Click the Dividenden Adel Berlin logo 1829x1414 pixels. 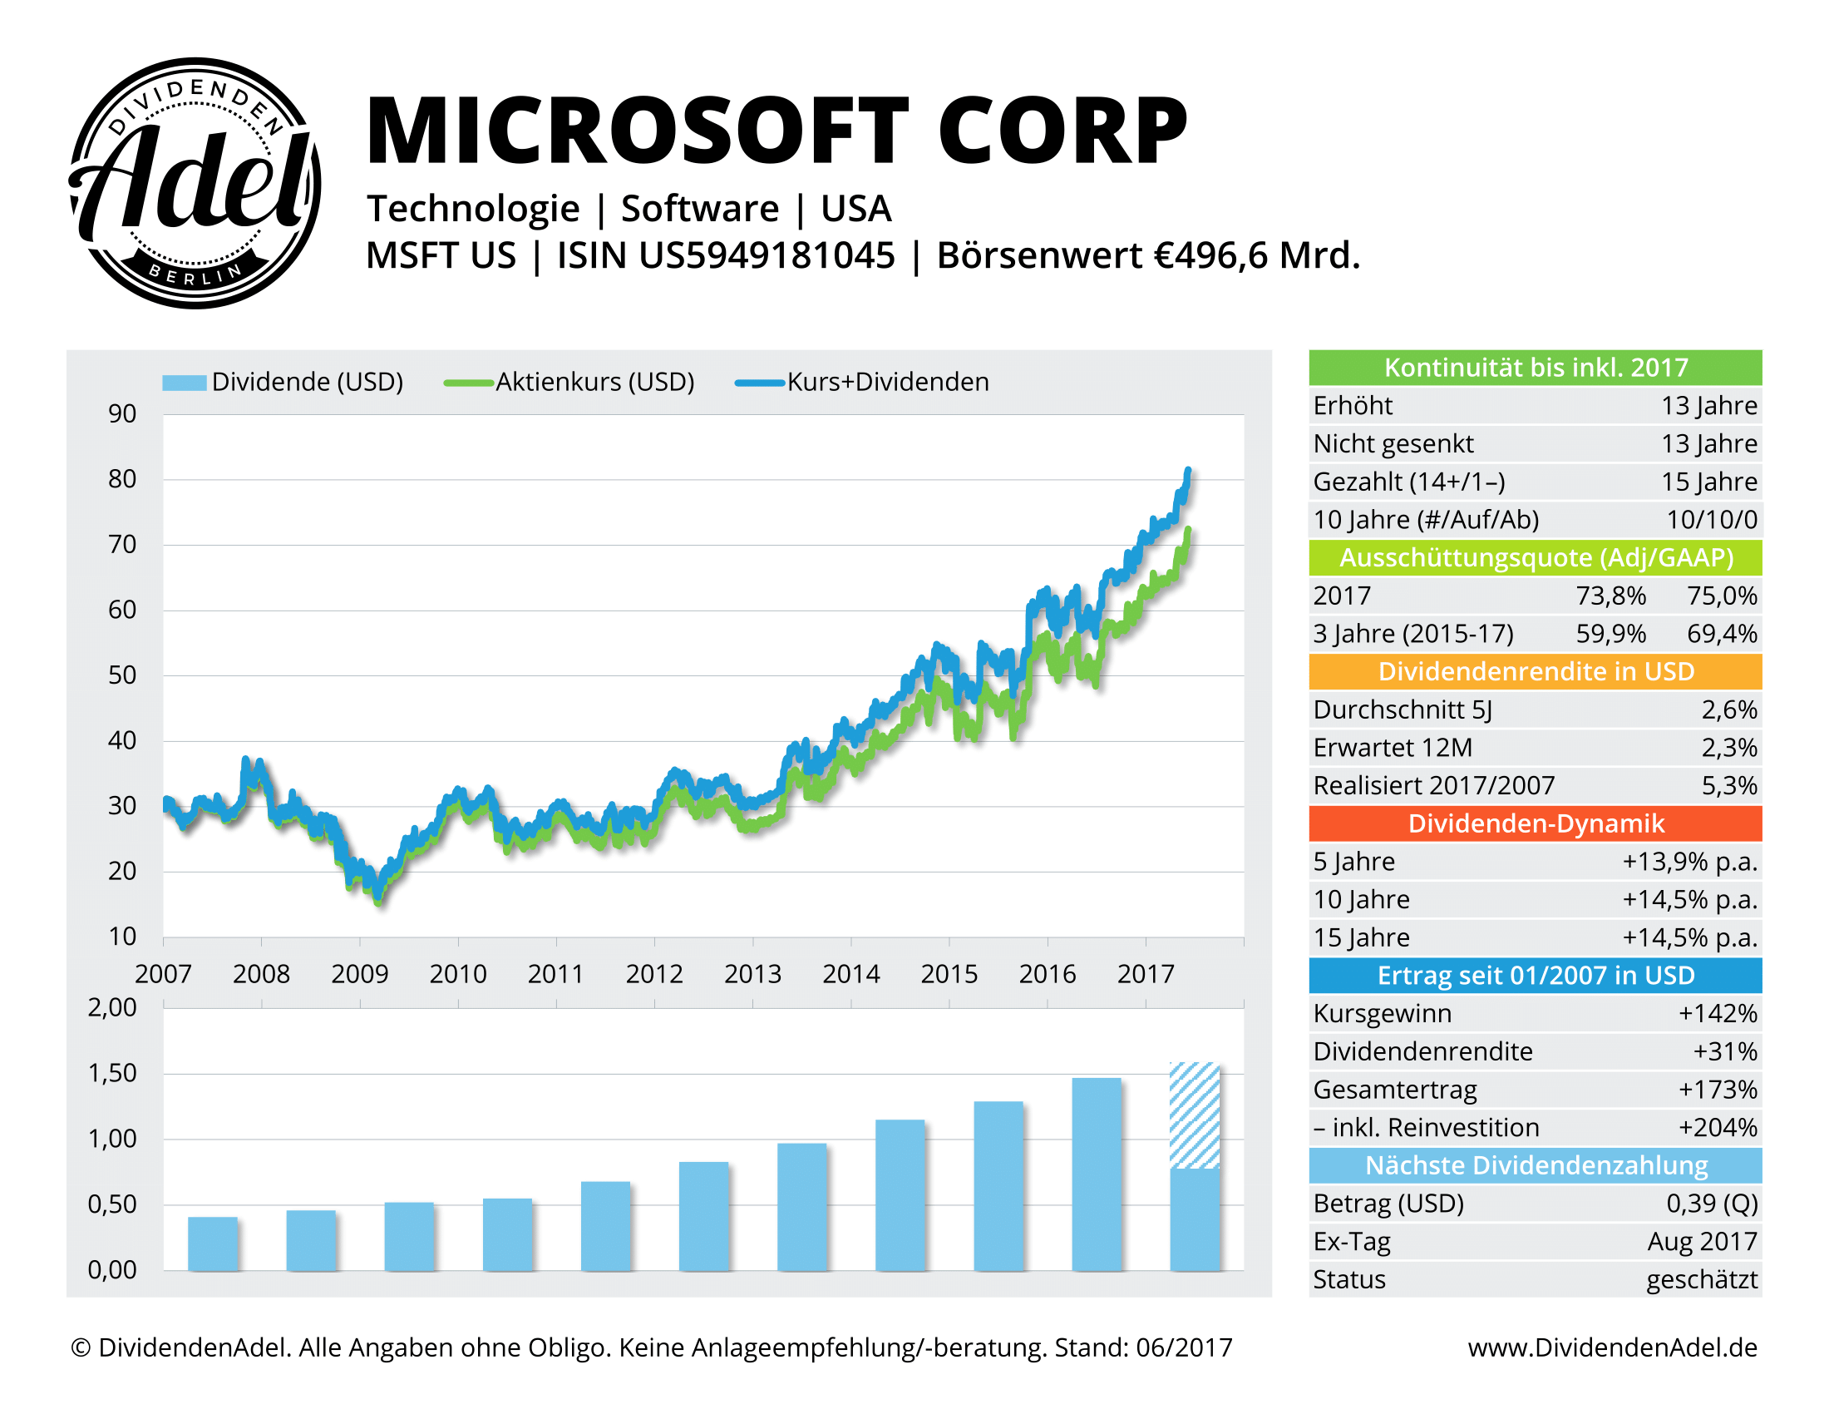(195, 183)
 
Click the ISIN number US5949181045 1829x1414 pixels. (767, 255)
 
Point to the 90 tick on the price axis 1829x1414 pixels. (122, 414)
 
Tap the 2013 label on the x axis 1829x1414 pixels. (752, 974)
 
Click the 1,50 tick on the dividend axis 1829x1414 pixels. (112, 1073)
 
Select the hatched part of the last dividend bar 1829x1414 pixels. (1195, 1115)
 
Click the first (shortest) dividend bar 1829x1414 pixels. (213, 1243)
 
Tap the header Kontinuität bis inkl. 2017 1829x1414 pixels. (1535, 368)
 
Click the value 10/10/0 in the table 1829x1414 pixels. (1711, 519)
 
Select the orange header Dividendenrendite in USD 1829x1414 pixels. (1535, 672)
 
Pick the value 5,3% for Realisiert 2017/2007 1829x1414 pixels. (1728, 786)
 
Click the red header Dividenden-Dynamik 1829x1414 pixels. (1535, 823)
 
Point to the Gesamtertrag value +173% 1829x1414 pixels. (1717, 1090)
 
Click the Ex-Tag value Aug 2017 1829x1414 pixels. (1702, 1242)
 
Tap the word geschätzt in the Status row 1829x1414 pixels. (1702, 1280)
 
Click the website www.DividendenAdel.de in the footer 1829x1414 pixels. (1612, 1347)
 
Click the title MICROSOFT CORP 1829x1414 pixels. (777, 131)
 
